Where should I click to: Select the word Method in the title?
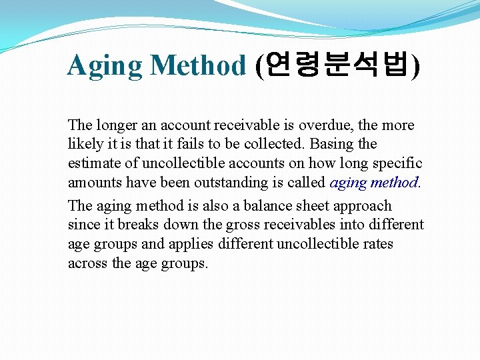[x=198, y=66]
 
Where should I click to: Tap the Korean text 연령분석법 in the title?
[x=338, y=65]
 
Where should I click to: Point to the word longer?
[x=115, y=125]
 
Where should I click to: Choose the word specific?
[x=397, y=163]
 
